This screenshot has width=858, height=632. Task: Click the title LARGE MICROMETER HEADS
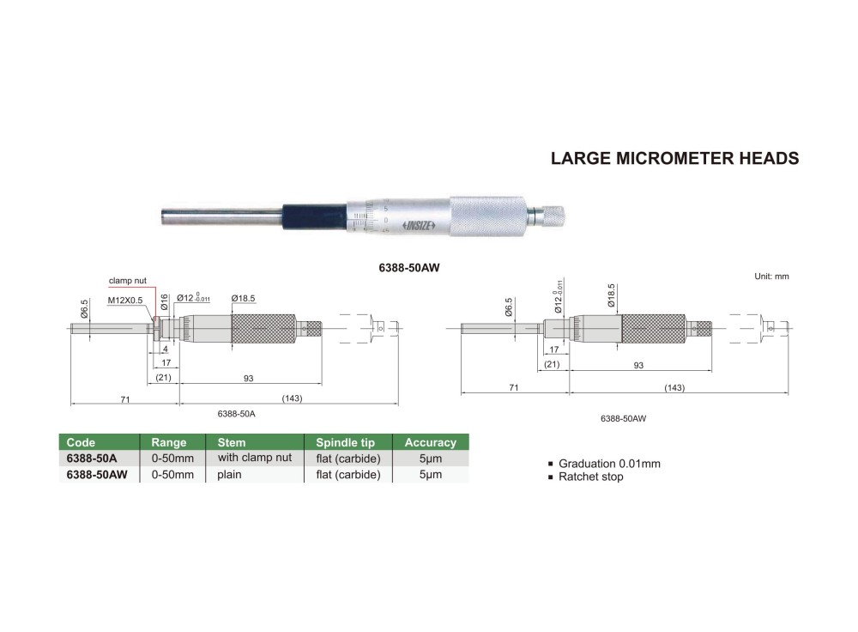674,158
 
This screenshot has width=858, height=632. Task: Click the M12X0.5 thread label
125,301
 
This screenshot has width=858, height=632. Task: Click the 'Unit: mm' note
770,276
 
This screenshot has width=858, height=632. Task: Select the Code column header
81,442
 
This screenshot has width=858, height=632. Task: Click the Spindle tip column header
346,442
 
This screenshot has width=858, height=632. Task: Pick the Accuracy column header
430,442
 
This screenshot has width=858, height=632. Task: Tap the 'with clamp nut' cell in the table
255,458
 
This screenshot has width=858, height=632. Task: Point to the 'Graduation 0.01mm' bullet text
609,464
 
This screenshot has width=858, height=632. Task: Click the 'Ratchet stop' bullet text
590,477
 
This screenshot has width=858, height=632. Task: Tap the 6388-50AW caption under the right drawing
623,418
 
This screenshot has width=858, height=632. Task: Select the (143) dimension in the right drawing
674,388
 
